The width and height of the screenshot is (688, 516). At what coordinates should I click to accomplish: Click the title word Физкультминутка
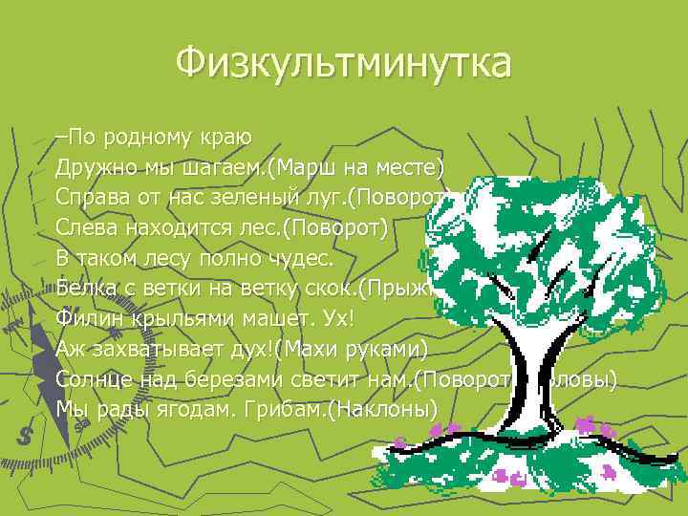(x=344, y=65)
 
